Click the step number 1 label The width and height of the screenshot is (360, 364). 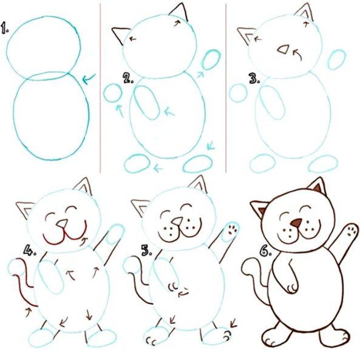5,29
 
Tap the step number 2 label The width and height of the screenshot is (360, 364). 128,78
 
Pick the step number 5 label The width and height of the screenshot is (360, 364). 146,248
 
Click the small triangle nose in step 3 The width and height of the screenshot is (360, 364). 281,52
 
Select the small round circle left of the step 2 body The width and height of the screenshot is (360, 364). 112,93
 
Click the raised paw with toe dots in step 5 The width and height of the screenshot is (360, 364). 231,231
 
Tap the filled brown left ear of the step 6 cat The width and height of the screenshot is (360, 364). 260,210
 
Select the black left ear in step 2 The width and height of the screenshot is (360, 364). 121,35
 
